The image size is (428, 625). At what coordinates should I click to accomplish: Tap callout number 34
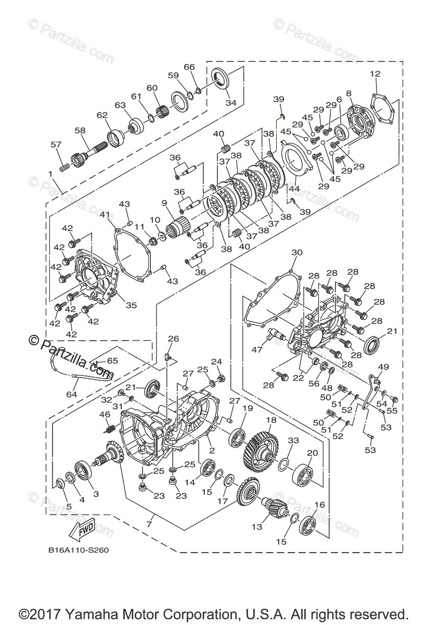(x=230, y=103)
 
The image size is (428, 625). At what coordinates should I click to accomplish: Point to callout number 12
(x=375, y=73)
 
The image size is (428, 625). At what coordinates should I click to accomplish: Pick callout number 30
(x=296, y=253)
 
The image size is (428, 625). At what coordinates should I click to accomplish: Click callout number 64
(x=71, y=394)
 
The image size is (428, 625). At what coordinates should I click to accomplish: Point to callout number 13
(x=257, y=527)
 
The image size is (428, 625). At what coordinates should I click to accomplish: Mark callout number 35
(x=131, y=305)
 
